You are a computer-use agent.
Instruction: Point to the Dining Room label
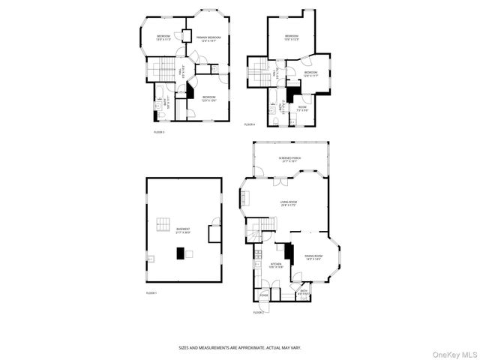click(313, 259)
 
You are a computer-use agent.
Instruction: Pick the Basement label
click(183, 230)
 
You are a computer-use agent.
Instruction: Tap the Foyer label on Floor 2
click(264, 294)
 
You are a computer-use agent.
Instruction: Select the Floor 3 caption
click(159, 131)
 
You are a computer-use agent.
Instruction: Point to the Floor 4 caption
click(250, 124)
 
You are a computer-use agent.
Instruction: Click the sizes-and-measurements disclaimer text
click(239, 348)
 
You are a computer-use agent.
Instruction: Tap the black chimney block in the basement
click(180, 253)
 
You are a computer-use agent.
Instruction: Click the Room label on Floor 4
click(302, 108)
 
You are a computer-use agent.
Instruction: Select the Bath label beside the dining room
click(304, 292)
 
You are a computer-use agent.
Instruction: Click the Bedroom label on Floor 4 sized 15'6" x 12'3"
click(291, 37)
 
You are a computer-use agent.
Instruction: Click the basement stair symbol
click(163, 223)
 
